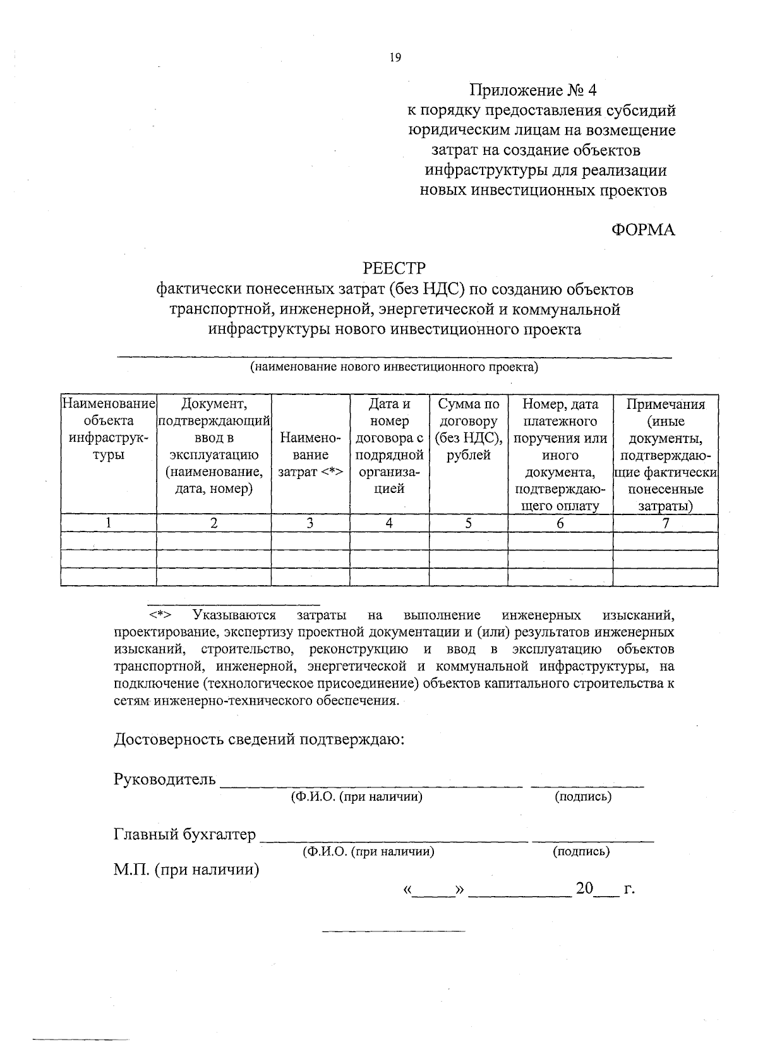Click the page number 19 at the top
(395, 58)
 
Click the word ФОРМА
(643, 230)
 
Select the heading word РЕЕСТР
(395, 269)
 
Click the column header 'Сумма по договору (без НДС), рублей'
(469, 430)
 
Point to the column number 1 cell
(109, 523)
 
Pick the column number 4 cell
(389, 523)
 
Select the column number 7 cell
(665, 523)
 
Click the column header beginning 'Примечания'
(665, 454)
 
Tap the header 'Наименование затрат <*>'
(310, 454)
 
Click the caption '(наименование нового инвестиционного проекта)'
(394, 367)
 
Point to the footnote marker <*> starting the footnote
(160, 615)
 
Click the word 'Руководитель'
(165, 779)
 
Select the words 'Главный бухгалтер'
(184, 835)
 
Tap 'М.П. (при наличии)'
(187, 870)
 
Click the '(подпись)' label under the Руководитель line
(583, 797)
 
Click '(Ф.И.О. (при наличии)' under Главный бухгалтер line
(368, 852)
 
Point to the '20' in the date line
(584, 889)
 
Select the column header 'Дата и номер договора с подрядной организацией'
(389, 446)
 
